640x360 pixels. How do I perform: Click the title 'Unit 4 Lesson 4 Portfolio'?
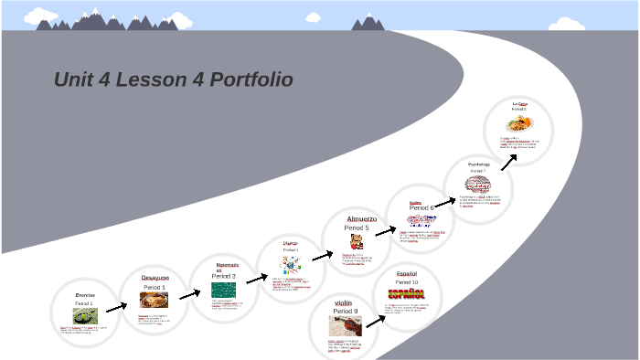(x=173, y=80)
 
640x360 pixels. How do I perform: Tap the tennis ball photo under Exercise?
(x=85, y=315)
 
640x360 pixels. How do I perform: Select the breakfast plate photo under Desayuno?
(x=154, y=301)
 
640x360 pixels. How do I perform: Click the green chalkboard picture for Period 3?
(x=224, y=288)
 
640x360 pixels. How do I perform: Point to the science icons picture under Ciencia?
(x=292, y=265)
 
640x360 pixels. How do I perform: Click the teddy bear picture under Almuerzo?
(x=357, y=241)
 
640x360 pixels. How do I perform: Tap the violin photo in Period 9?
(x=345, y=326)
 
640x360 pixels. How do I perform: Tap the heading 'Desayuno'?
(x=155, y=278)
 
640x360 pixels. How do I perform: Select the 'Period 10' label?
(x=407, y=282)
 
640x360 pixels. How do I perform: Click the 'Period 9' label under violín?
(x=344, y=312)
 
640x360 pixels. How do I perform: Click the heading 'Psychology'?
(x=479, y=164)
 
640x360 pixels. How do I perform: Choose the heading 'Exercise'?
(x=85, y=295)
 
